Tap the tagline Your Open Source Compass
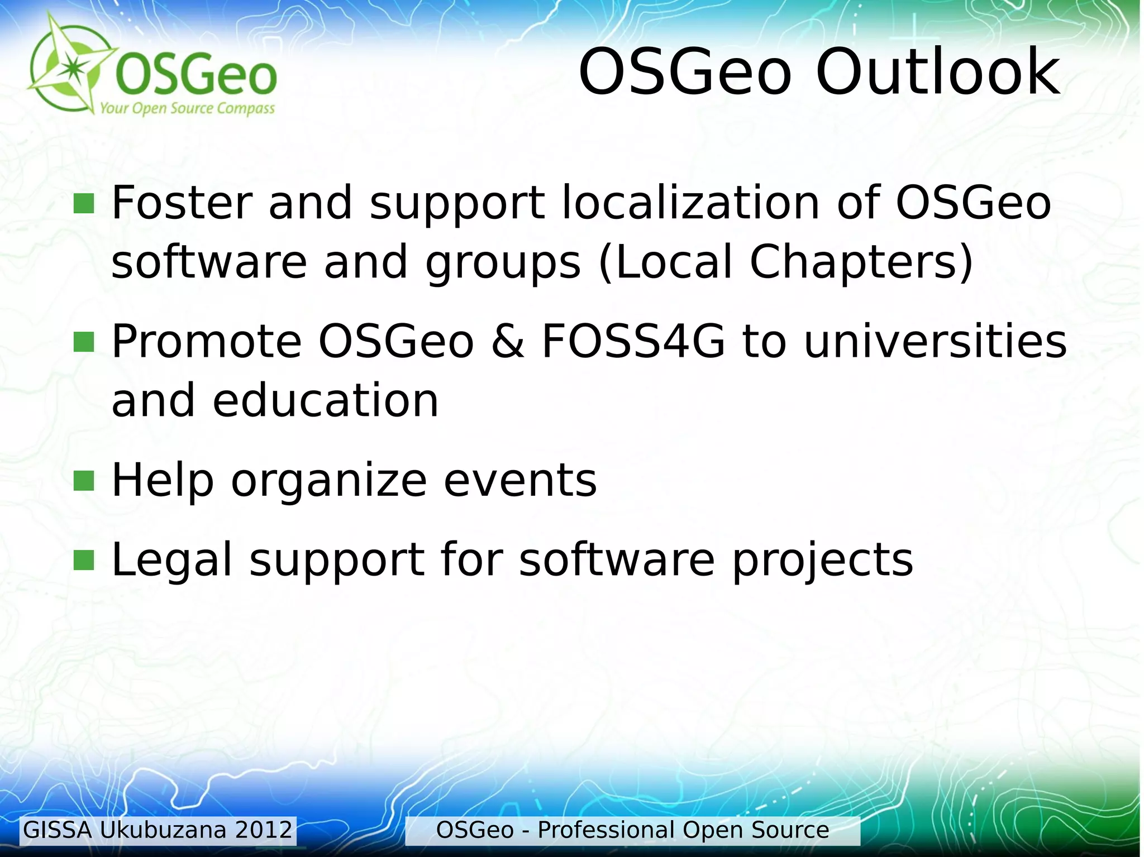click(x=187, y=108)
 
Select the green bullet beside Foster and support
click(x=84, y=204)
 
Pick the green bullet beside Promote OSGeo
click(x=84, y=342)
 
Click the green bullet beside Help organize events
click(x=84, y=480)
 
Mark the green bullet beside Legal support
click(x=84, y=560)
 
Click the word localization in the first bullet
click(x=690, y=202)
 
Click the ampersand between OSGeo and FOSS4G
click(x=508, y=341)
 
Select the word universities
click(x=935, y=341)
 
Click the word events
click(x=519, y=480)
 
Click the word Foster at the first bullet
click(x=182, y=202)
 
